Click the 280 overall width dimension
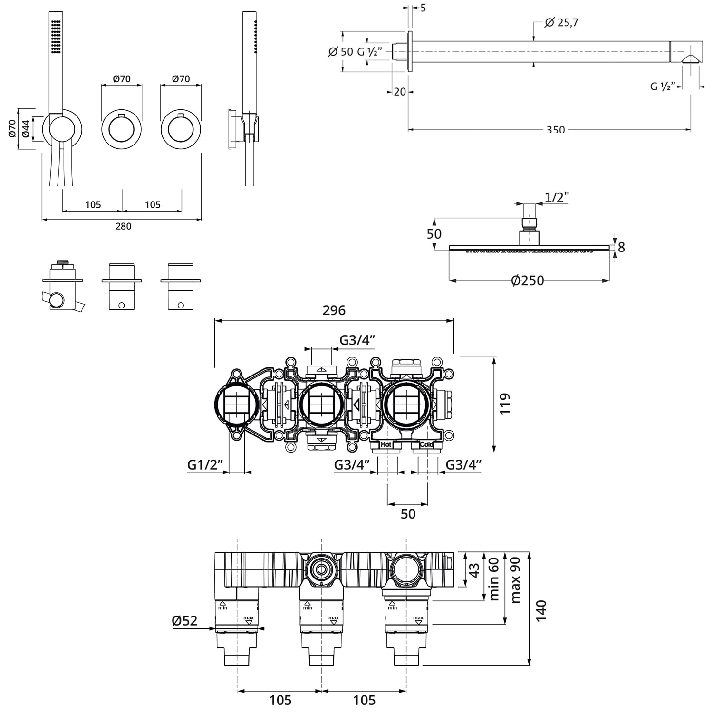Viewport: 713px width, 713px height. (x=123, y=226)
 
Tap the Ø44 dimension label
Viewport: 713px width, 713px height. (x=26, y=129)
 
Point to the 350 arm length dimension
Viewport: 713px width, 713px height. (x=555, y=130)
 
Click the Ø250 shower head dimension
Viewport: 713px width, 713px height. (x=528, y=281)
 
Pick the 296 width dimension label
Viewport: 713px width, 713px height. (x=334, y=310)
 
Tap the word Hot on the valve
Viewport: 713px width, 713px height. (x=385, y=445)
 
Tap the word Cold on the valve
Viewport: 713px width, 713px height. (x=426, y=445)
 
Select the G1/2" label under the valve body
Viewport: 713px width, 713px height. (x=205, y=464)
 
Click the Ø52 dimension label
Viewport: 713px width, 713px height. (x=184, y=620)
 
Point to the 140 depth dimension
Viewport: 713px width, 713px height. (x=540, y=610)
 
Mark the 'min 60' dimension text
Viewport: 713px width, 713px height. (x=494, y=579)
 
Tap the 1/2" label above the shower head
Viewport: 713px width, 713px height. (x=557, y=197)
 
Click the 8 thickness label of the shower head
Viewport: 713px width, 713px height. (x=621, y=247)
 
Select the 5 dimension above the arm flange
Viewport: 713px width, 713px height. (x=423, y=8)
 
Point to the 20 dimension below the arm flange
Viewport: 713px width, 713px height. (x=400, y=91)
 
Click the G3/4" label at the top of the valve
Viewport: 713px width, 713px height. (x=357, y=340)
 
